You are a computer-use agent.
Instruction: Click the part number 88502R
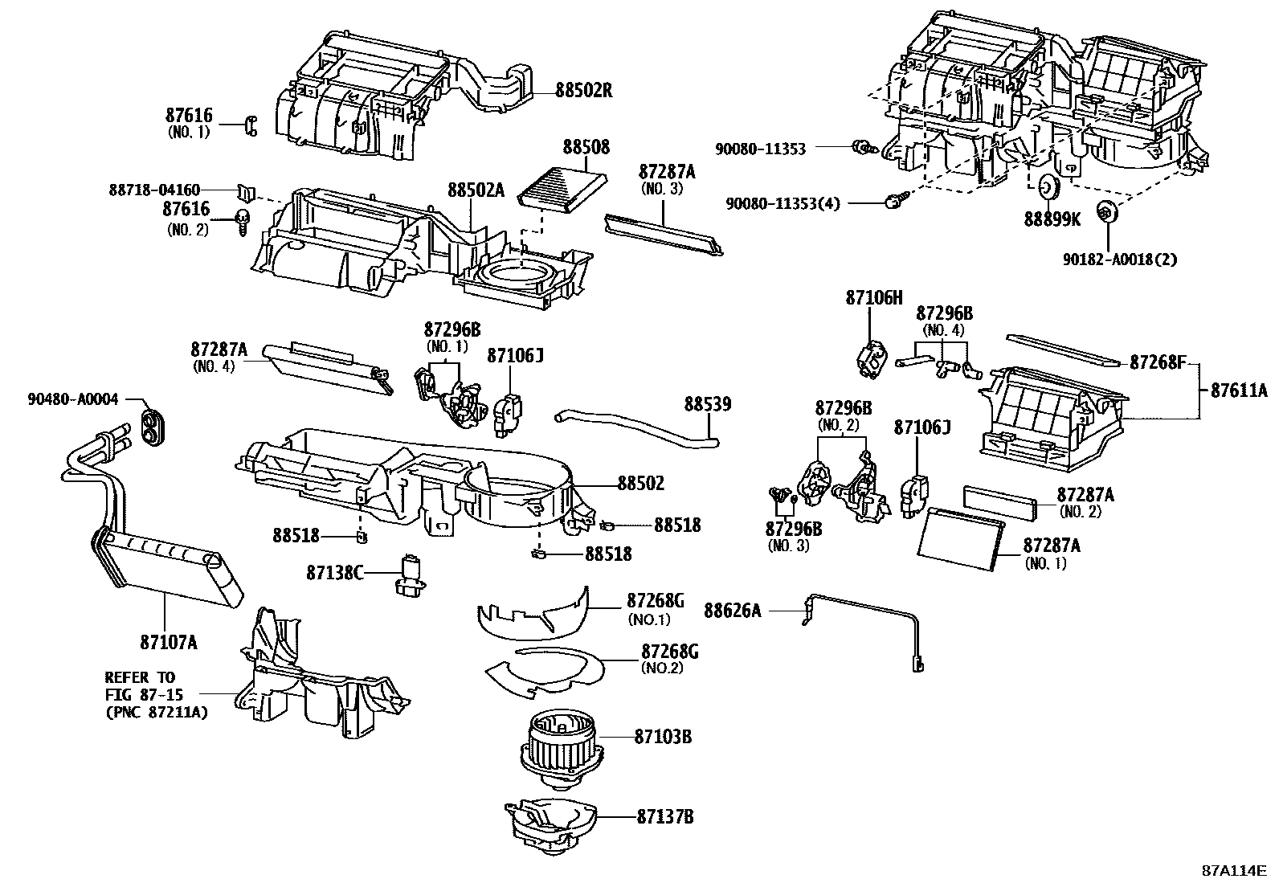click(583, 90)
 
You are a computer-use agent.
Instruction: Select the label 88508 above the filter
click(586, 148)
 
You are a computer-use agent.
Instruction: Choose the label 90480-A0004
click(72, 399)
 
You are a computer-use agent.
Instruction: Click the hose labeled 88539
click(635, 426)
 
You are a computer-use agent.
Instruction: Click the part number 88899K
click(1052, 218)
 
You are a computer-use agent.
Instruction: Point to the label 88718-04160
click(154, 190)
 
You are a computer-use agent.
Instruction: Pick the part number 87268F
click(1158, 362)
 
